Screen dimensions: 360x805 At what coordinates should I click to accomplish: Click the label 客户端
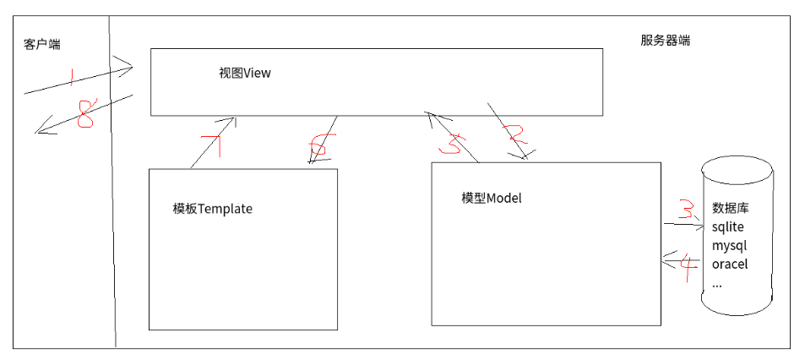[42, 45]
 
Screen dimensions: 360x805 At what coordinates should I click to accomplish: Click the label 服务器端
[666, 40]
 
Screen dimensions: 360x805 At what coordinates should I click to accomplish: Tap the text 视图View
[245, 74]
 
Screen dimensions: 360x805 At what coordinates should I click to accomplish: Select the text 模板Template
[212, 209]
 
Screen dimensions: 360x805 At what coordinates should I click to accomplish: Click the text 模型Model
[492, 199]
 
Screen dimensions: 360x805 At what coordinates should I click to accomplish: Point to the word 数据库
[731, 209]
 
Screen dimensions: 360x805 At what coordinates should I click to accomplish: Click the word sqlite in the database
[728, 227]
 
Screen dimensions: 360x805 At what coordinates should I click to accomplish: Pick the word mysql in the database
[730, 246]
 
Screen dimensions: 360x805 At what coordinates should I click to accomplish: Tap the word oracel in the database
[730, 265]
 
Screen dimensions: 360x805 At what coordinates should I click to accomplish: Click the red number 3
[688, 208]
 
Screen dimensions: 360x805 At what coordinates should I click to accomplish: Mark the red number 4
[688, 269]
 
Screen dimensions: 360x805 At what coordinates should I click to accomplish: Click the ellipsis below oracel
[717, 284]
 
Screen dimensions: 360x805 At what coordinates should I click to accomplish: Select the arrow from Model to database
[681, 224]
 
